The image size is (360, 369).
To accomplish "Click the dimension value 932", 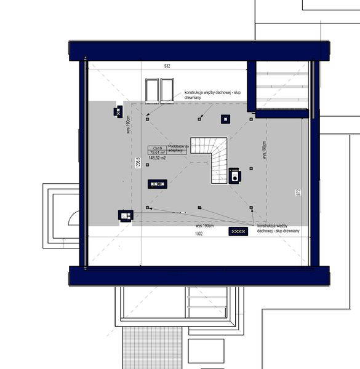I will tap(167, 65).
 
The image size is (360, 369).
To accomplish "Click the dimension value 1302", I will tap(199, 234).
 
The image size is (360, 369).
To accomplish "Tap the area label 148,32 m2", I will tap(157, 158).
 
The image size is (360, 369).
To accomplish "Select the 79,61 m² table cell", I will tap(157, 153).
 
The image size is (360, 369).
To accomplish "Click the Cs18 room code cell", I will tap(157, 148).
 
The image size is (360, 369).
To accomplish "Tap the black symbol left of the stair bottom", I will tap(158, 183).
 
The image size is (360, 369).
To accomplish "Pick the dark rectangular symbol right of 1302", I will tap(238, 231).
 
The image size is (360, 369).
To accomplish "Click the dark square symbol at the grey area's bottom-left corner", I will tap(126, 215).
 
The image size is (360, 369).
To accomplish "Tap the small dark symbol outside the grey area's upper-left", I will tap(118, 111).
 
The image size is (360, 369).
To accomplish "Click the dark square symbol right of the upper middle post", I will tap(226, 119).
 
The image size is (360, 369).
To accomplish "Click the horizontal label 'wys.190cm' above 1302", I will tap(204, 226).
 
